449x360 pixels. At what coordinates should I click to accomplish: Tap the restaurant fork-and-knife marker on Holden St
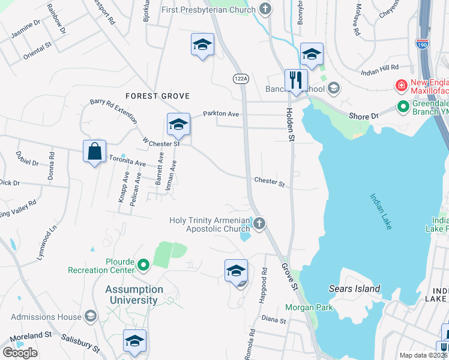(x=296, y=80)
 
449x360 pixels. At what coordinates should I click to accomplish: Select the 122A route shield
(x=241, y=78)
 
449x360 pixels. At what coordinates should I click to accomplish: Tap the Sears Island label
(x=354, y=289)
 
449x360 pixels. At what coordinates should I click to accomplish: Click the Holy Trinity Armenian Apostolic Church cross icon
(x=259, y=224)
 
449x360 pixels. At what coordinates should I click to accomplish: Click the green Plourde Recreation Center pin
(x=143, y=264)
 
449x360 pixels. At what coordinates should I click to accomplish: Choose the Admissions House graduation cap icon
(x=90, y=316)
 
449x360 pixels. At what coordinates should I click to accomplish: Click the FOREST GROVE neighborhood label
(x=157, y=96)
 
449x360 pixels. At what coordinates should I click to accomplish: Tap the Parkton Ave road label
(x=221, y=113)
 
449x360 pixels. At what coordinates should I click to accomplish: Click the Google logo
(x=20, y=352)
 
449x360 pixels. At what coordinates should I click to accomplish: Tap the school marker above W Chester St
(x=178, y=124)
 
